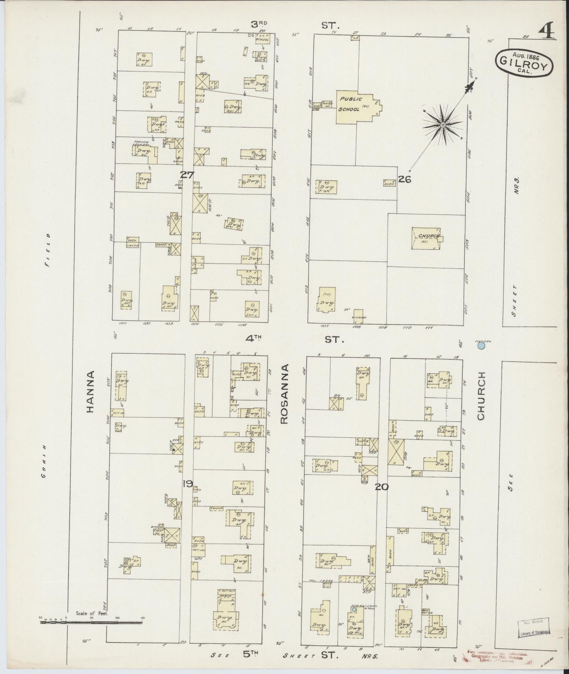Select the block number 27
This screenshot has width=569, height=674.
click(x=187, y=175)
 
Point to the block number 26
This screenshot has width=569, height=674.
click(x=404, y=179)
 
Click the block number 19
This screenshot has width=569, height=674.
click(x=187, y=483)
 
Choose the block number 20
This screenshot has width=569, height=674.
click(x=382, y=487)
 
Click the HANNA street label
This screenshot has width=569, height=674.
click(x=91, y=391)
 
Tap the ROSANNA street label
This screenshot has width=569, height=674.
click(x=285, y=394)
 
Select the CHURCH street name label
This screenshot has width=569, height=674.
click(x=481, y=396)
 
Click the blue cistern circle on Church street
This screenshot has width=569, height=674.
click(x=480, y=346)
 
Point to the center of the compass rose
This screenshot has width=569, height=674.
click(x=443, y=125)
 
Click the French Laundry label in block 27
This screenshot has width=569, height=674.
click(x=141, y=143)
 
